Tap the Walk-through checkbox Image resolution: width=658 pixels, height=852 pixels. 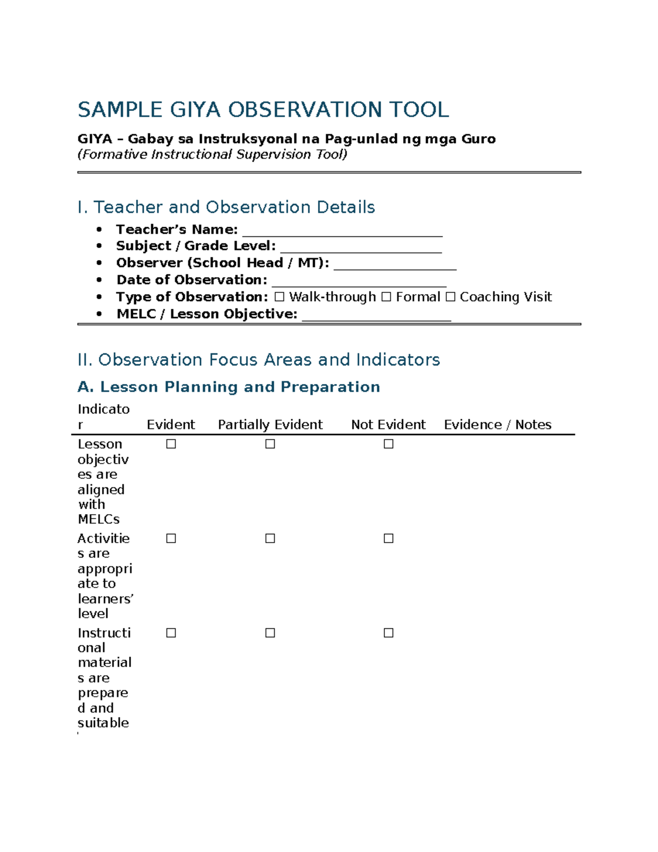pyautogui.click(x=280, y=297)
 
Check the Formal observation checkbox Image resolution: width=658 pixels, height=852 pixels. pyautogui.click(x=386, y=297)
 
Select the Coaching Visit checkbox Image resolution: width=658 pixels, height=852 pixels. pyautogui.click(x=450, y=297)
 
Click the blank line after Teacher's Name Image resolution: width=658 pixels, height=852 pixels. pyautogui.click(x=342, y=231)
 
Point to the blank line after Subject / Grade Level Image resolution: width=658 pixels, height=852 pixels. pyautogui.click(x=361, y=247)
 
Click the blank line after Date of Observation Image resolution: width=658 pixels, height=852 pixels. pyautogui.click(x=359, y=281)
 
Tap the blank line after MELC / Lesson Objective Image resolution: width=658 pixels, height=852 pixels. pyautogui.click(x=376, y=315)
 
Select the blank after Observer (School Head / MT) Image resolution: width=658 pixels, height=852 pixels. pyautogui.click(x=395, y=264)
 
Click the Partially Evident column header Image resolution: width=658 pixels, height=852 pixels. pyautogui.click(x=270, y=425)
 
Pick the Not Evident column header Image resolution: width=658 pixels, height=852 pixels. pyautogui.click(x=388, y=425)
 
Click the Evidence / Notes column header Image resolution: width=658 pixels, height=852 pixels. pyautogui.click(x=497, y=425)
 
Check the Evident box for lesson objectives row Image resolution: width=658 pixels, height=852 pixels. pyautogui.click(x=171, y=444)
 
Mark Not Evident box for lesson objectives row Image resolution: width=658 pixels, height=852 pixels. pyautogui.click(x=389, y=444)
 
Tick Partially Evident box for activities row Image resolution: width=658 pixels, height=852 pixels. pyautogui.click(x=270, y=538)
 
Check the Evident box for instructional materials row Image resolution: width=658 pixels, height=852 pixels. pyautogui.click(x=171, y=633)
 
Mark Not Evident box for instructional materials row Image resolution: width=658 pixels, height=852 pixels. pyautogui.click(x=389, y=633)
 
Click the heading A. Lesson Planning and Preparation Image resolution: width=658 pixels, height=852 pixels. pyautogui.click(x=229, y=387)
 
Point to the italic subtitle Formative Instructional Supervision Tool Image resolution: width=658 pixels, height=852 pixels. pyautogui.click(x=212, y=155)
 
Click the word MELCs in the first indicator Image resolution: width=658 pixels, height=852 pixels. pyautogui.click(x=99, y=519)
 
